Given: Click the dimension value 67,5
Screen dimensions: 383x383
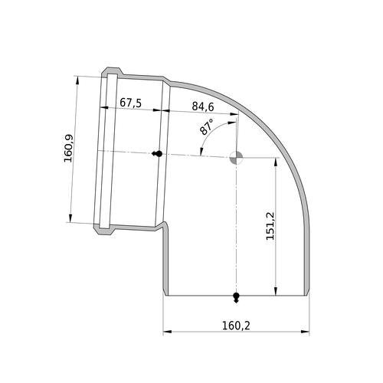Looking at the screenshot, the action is (130, 103).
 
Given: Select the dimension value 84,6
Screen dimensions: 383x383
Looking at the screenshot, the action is (203, 106).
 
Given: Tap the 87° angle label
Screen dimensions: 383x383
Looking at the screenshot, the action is (207, 126).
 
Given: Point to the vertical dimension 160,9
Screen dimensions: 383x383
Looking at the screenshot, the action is (68, 149).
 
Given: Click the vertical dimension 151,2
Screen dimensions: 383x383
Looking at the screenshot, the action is (270, 226).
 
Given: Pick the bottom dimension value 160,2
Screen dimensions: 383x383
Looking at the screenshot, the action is (236, 326).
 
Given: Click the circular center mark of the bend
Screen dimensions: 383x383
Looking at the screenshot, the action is (236, 158).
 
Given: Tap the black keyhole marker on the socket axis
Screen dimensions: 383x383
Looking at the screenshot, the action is (157, 154).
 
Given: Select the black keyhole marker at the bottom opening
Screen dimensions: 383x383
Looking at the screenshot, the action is (236, 297).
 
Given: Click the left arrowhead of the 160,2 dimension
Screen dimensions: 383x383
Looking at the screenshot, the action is (167, 332).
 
